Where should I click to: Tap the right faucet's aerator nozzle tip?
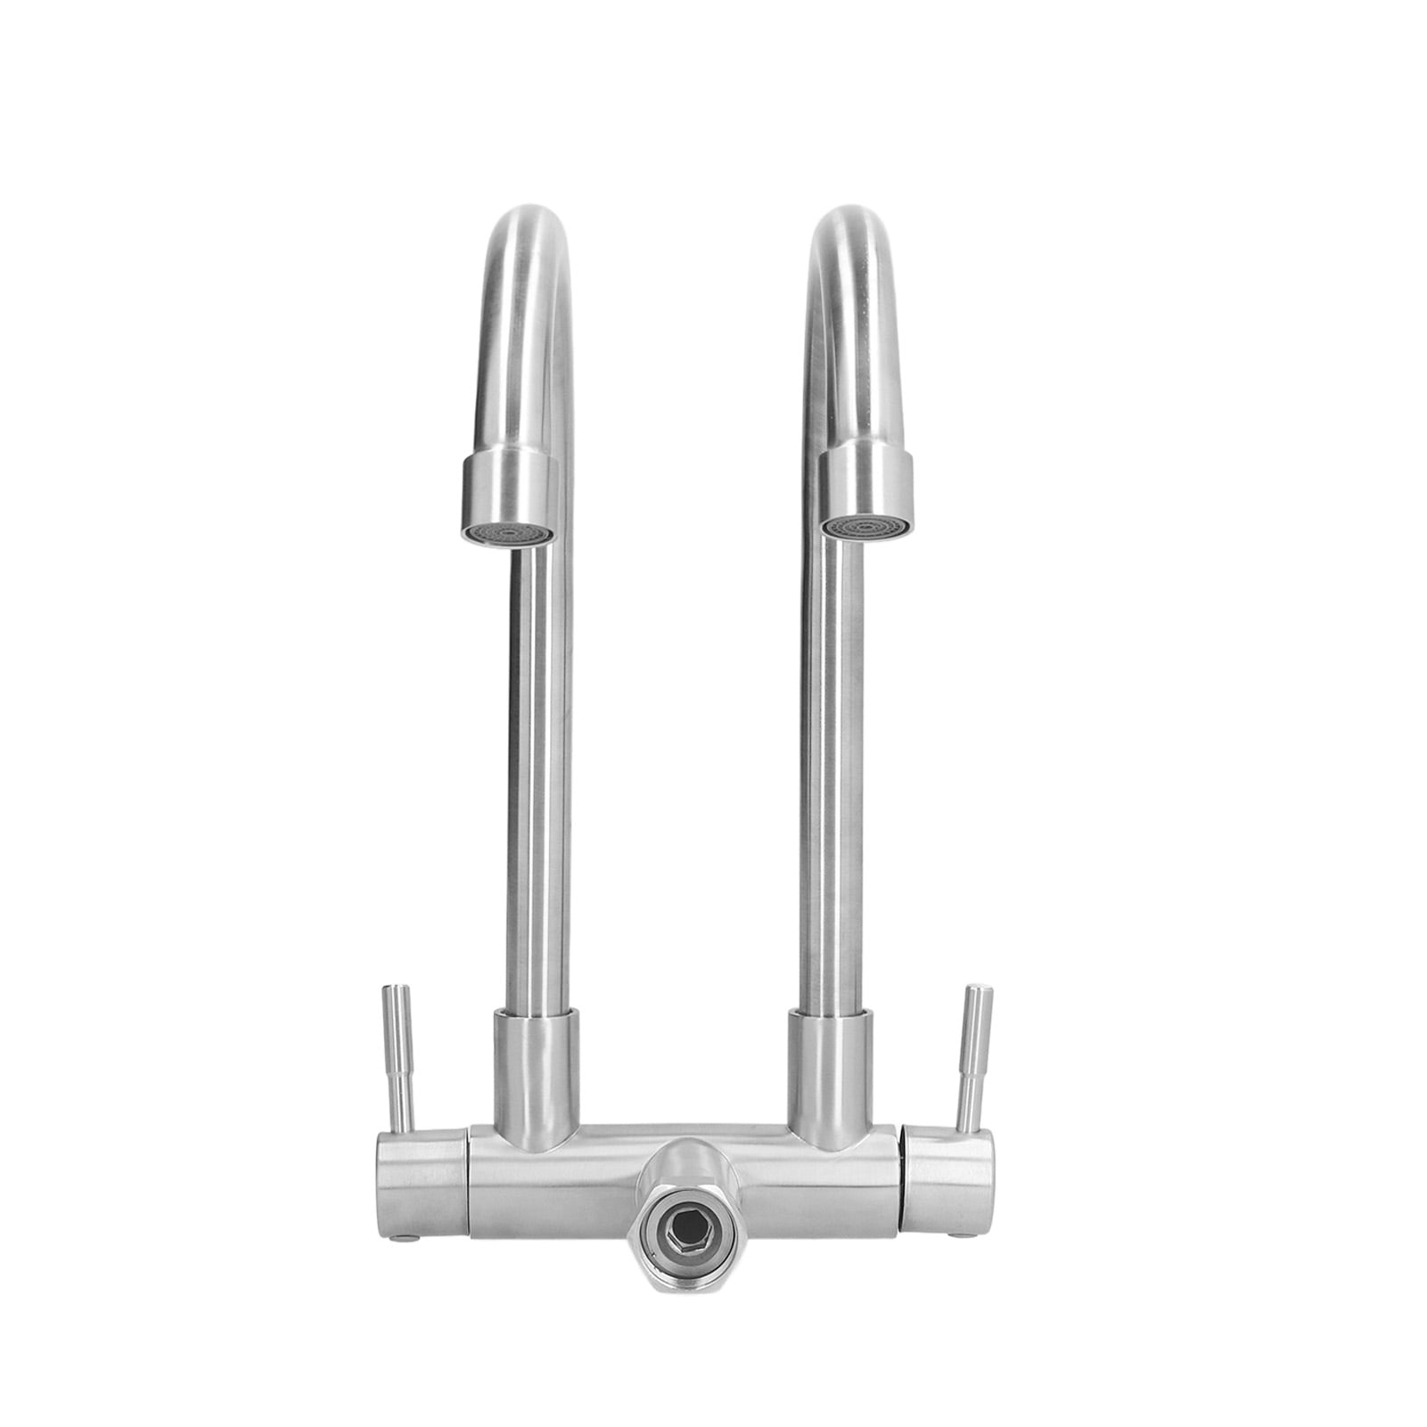[x=865, y=528]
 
